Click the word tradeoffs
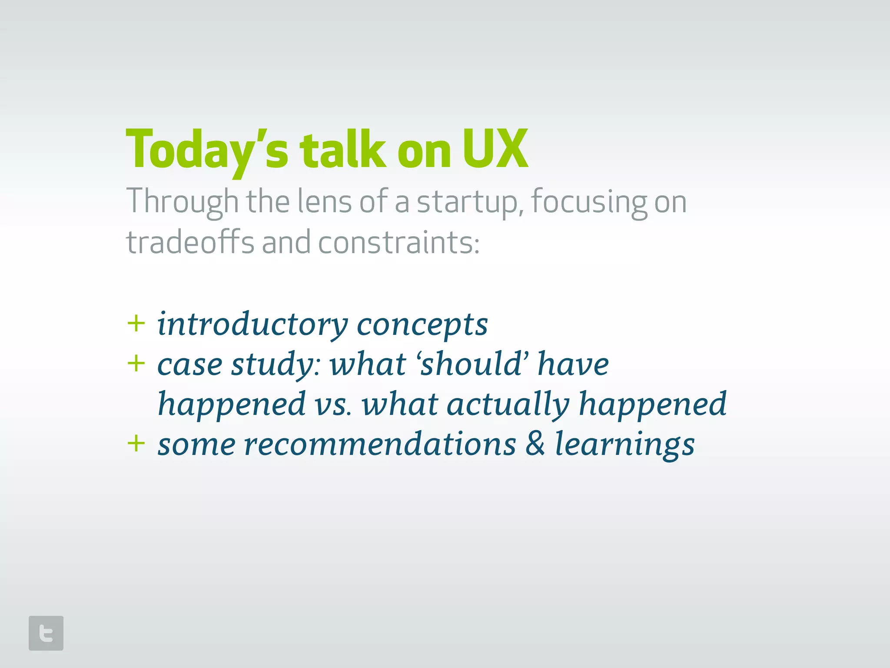pos(190,242)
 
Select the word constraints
pos(399,243)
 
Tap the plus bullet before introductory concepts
pos(136,324)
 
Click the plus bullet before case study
pos(136,364)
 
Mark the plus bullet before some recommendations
pos(136,444)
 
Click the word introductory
pos(252,324)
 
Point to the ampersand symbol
pos(535,444)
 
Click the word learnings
pos(625,445)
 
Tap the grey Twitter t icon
pos(46,633)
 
